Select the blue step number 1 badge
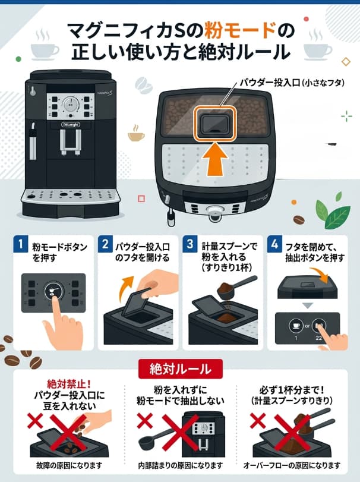[x=21, y=244]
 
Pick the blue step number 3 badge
[x=190, y=244]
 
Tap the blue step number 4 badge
[x=274, y=244]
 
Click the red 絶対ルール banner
[x=180, y=368]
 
